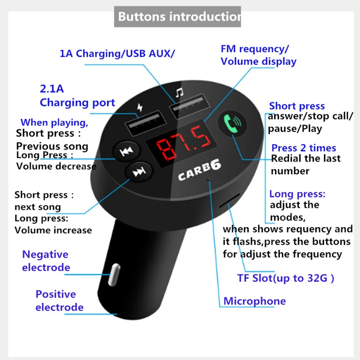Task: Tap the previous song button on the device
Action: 125,152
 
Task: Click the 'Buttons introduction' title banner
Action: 177,17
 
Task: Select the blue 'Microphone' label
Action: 254,301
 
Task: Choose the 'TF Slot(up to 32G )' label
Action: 286,278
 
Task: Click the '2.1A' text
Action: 52,89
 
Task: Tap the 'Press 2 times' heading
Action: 304,148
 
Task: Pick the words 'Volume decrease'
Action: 56,166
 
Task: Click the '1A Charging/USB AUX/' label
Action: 117,54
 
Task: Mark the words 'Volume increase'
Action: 53,230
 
